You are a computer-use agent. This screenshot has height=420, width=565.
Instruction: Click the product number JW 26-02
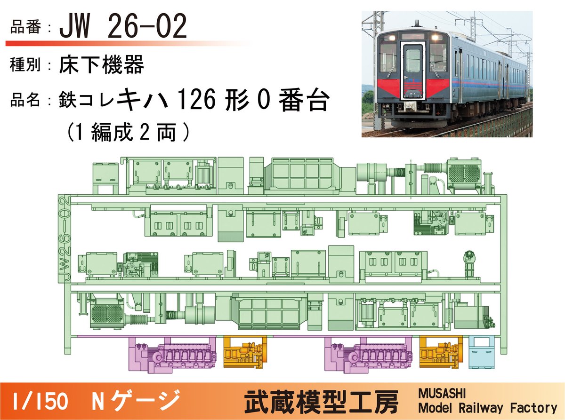[123, 28]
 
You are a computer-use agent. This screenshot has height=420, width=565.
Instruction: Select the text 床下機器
[102, 65]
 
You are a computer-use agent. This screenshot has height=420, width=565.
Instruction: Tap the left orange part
[244, 352]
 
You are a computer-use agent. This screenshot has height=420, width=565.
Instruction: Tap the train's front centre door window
[413, 61]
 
